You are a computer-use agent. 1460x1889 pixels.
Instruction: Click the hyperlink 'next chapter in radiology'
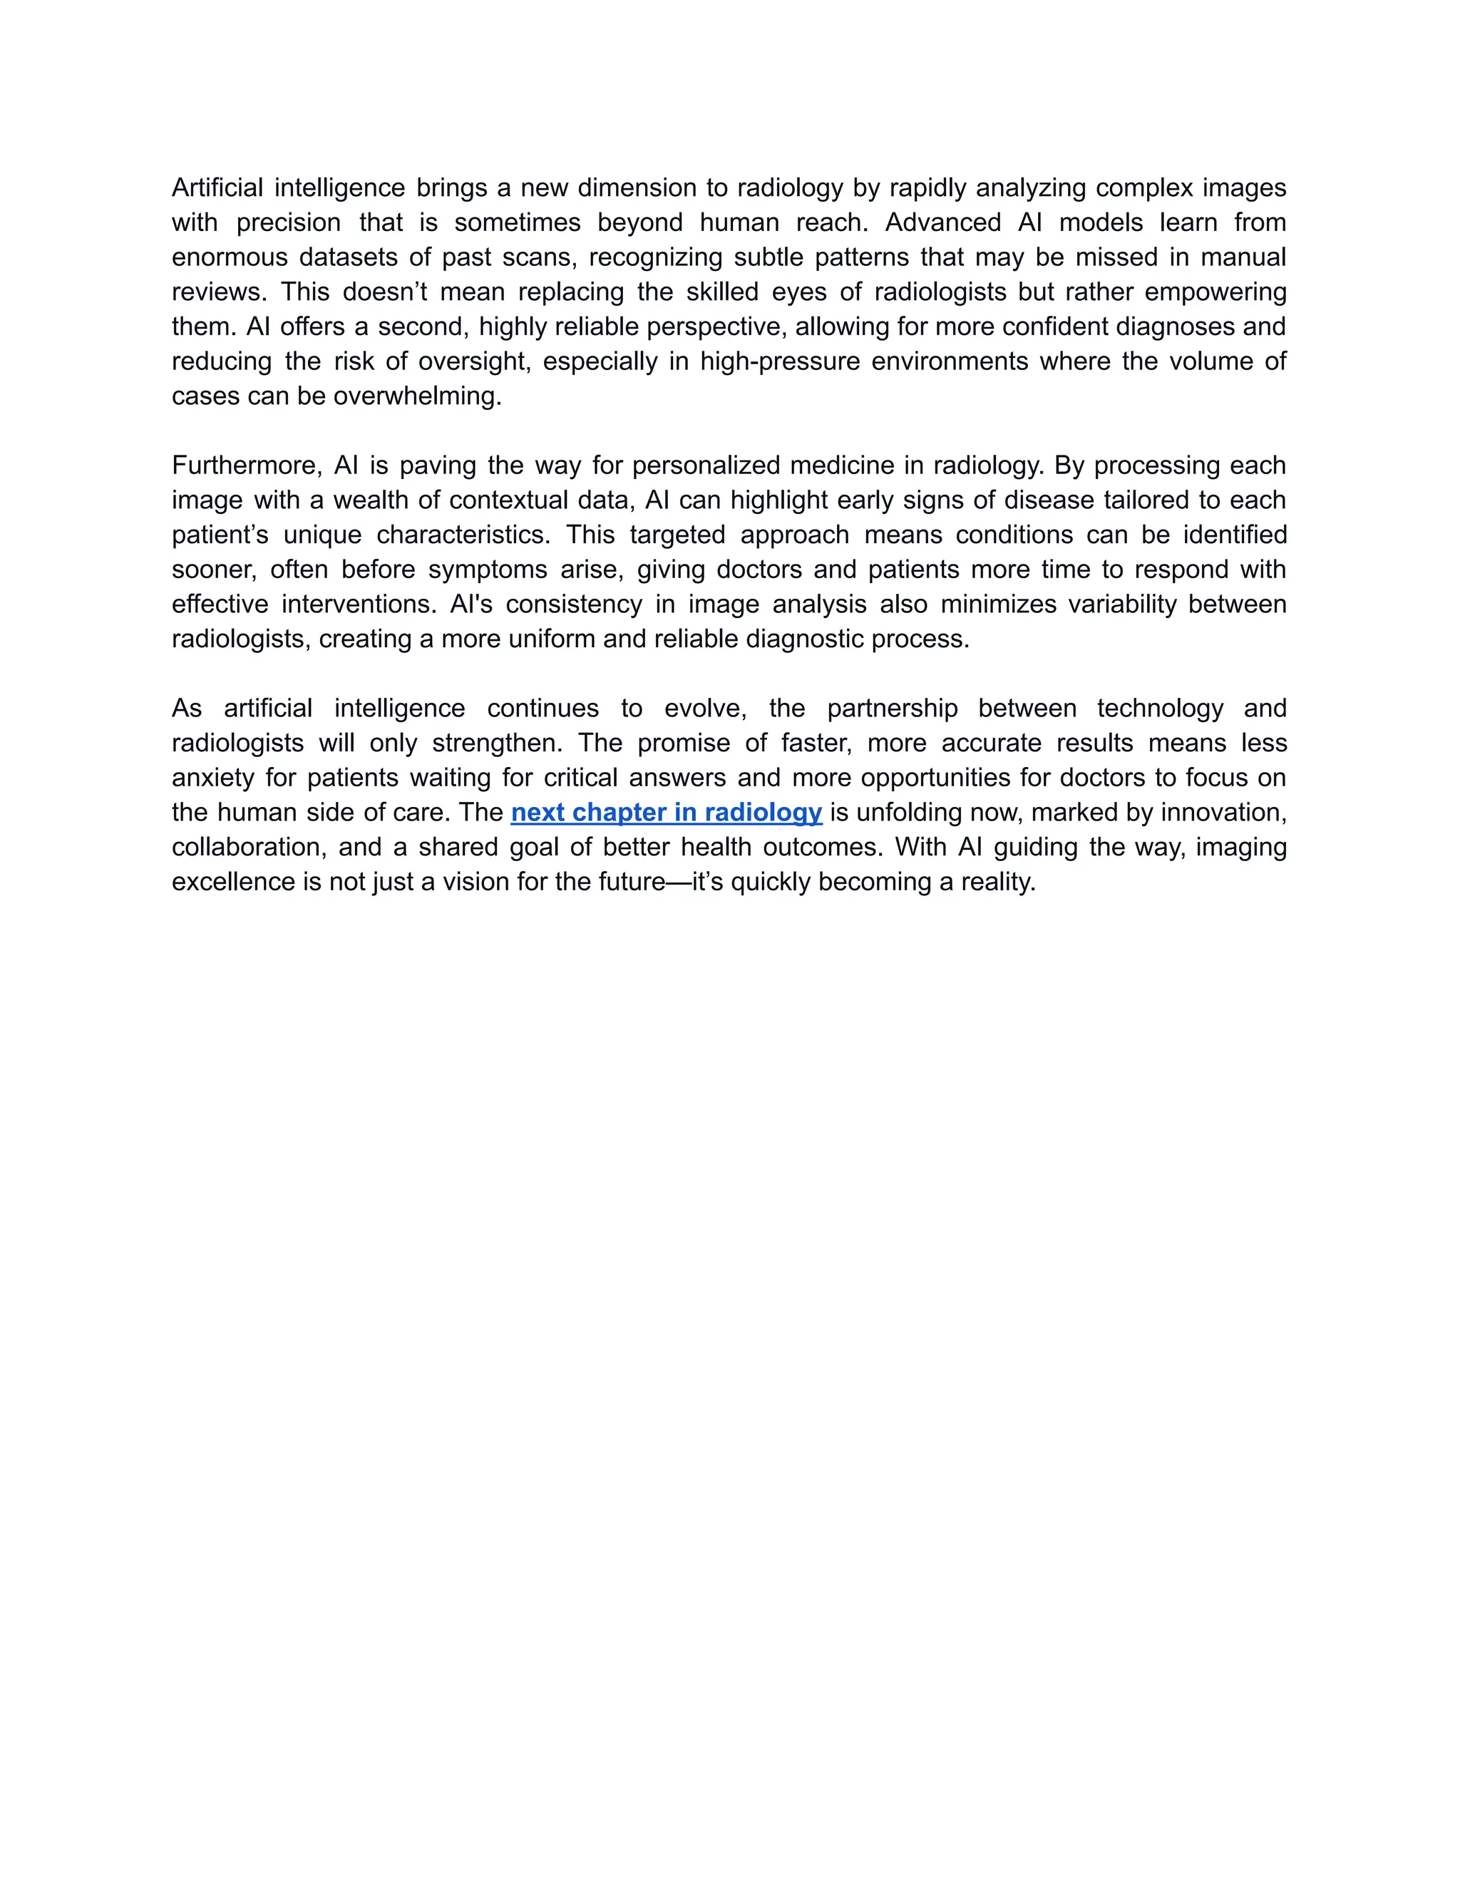coord(666,812)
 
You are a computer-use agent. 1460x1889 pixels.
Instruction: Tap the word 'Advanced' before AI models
coord(942,222)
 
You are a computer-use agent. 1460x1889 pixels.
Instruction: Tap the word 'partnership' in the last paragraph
coord(892,709)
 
